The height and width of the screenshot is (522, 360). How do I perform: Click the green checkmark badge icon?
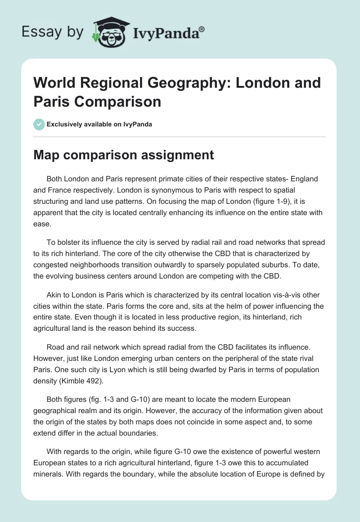[x=39, y=124]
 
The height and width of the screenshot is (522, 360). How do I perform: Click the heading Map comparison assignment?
[x=124, y=155]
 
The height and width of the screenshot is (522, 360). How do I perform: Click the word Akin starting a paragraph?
[x=55, y=295]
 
